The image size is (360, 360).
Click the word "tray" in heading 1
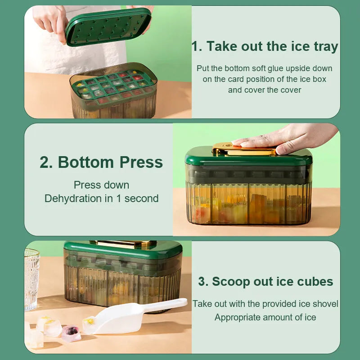[326, 47]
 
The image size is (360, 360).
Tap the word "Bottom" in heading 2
[86, 162]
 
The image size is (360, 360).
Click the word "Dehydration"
[74, 198]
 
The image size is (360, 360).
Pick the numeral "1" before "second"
[118, 198]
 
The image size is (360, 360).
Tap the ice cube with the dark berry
[71, 333]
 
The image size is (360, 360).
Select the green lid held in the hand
[108, 27]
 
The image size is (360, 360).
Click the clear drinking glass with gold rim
[31, 279]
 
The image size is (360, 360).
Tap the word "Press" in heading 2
[141, 162]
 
